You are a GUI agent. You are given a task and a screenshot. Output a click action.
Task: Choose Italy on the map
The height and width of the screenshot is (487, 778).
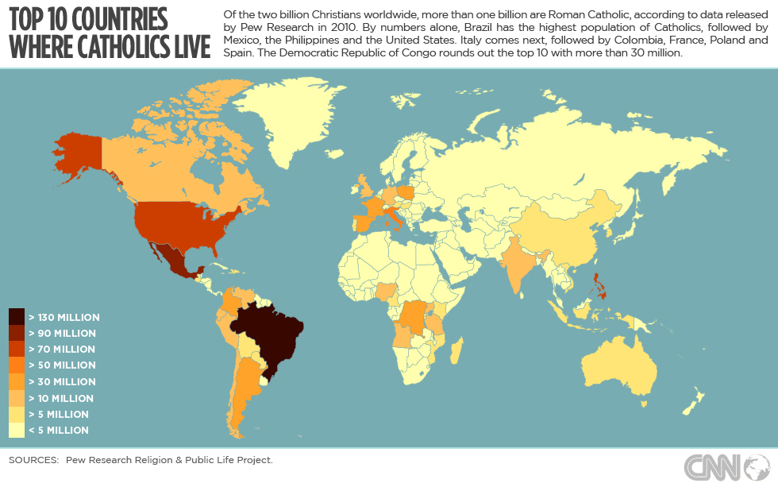coord(395,215)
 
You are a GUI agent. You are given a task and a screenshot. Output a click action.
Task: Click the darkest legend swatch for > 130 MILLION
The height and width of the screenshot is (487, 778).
coord(17,317)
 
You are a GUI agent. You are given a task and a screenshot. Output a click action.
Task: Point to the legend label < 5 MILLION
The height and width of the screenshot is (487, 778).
coord(59,431)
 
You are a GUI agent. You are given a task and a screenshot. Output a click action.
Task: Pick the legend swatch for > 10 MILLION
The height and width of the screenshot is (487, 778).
coord(17,398)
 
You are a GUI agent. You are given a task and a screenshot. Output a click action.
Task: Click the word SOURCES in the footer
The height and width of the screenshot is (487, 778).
coord(33,460)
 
